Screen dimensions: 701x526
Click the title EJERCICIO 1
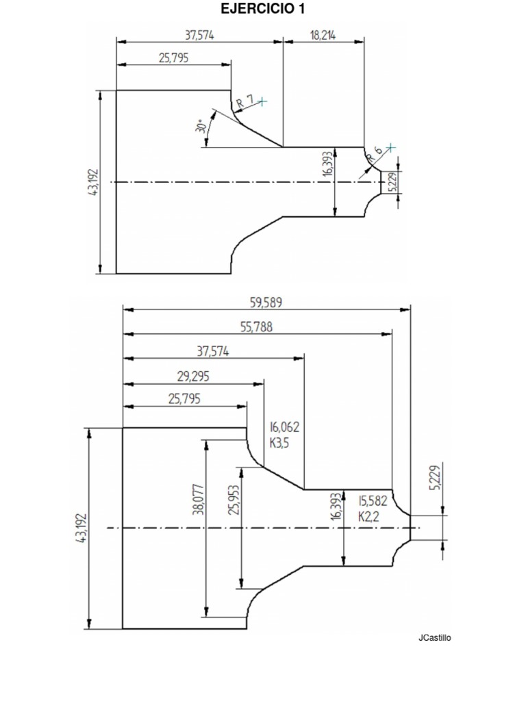click(263, 9)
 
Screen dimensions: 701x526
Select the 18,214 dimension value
click(323, 36)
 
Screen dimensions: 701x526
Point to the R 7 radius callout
click(245, 102)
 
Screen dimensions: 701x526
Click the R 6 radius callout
click(374, 153)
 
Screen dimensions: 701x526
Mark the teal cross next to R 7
click(262, 101)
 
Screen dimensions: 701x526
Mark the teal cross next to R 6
click(390, 147)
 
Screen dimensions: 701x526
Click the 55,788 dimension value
click(256, 327)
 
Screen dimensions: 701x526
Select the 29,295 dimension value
click(193, 376)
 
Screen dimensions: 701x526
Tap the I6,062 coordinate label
click(284, 426)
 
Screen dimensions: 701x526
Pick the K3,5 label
click(280, 442)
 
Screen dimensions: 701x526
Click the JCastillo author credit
click(434, 638)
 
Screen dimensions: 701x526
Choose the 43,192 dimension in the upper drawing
click(94, 182)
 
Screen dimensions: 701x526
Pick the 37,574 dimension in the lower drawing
click(213, 351)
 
